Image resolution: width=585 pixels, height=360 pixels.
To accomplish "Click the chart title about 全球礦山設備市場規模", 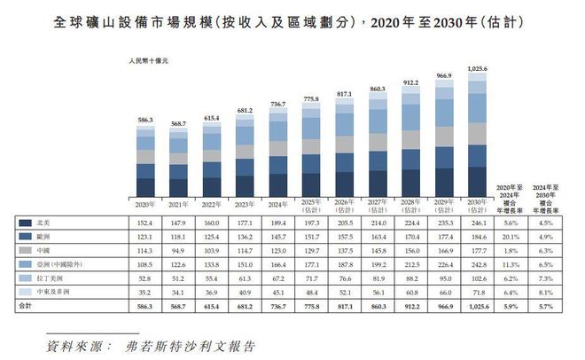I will pyautogui.click(x=292, y=19).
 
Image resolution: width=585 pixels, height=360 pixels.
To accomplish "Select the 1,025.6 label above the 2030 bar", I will pyautogui.click(x=477, y=67).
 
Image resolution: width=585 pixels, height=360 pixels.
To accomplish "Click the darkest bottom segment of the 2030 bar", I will pyautogui.click(x=477, y=180).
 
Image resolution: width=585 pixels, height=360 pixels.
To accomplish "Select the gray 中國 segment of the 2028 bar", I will pyautogui.click(x=410, y=139).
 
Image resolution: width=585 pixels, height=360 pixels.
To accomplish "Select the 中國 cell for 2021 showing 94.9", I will pyautogui.click(x=179, y=251).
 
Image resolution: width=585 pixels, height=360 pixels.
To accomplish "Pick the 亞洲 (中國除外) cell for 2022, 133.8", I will pyautogui.click(x=212, y=264).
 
